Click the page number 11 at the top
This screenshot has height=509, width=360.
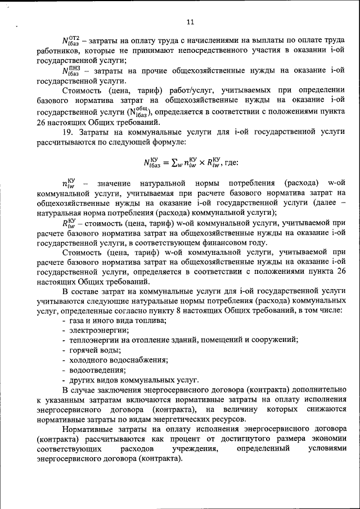click(x=190, y=22)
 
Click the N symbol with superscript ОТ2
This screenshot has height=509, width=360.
click(x=71, y=41)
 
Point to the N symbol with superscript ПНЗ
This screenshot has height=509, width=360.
click(x=71, y=71)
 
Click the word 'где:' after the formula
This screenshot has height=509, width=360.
click(x=231, y=163)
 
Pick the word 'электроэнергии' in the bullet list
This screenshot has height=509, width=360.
click(x=99, y=330)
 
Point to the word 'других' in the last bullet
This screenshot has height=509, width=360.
click(x=82, y=380)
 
